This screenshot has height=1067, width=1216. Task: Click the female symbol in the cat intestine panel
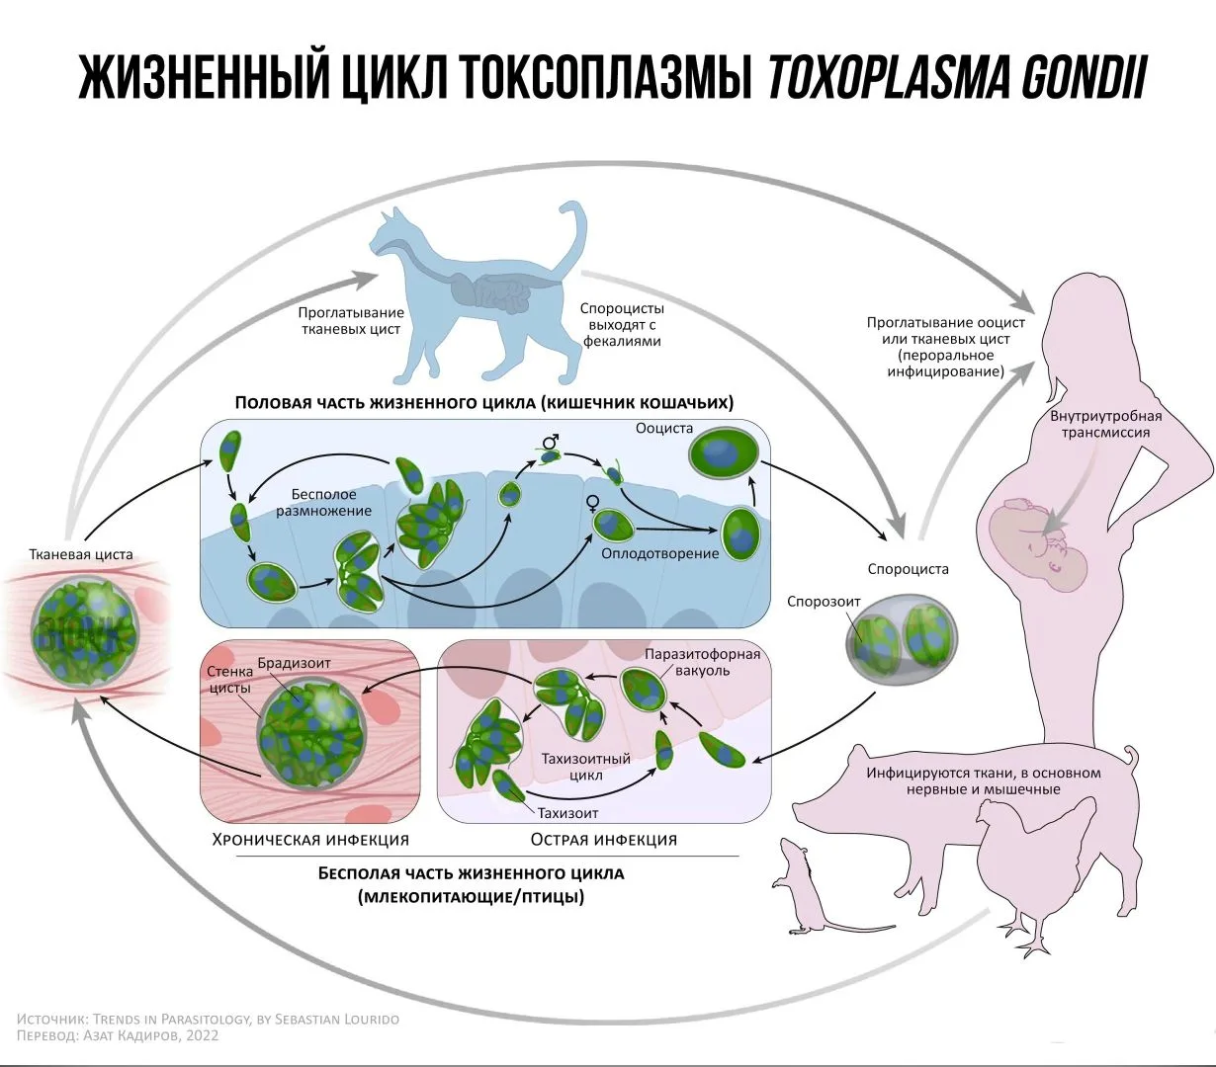tap(594, 503)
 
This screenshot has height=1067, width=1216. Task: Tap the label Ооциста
tap(664, 429)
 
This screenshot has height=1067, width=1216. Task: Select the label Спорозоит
tap(824, 601)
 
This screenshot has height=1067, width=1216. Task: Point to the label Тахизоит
tap(567, 813)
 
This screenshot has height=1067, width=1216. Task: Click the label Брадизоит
tap(294, 662)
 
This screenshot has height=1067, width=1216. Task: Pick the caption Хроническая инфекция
tap(310, 840)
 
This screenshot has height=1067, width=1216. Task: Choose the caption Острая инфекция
tap(603, 840)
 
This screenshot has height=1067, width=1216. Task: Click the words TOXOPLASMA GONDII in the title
tap(955, 78)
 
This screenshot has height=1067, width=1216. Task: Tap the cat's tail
tap(573, 232)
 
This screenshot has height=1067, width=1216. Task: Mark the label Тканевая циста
tap(81, 554)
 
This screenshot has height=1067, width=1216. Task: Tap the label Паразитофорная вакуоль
tap(702, 662)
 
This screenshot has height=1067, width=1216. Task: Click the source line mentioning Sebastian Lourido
tap(208, 1019)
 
